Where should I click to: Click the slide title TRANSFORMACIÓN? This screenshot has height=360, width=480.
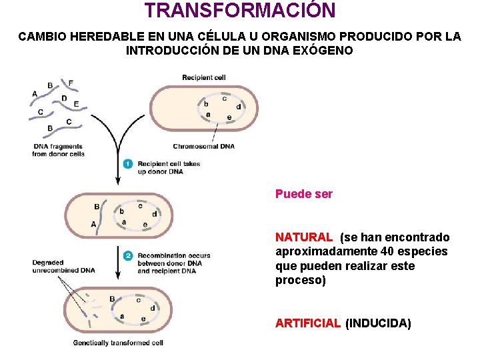(x=240, y=11)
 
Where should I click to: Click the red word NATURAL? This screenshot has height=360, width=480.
(x=304, y=237)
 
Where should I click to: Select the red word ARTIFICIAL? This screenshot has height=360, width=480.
(x=308, y=324)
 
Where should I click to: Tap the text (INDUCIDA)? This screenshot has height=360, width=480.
(x=378, y=324)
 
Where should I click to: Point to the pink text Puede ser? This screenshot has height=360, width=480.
(x=304, y=195)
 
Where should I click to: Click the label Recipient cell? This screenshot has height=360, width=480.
(x=203, y=78)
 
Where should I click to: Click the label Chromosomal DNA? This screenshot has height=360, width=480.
(x=204, y=147)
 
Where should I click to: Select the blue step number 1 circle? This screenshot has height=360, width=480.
(x=128, y=164)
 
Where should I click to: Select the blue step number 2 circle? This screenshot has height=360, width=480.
(x=128, y=255)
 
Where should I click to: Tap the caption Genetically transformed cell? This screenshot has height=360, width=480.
(x=119, y=343)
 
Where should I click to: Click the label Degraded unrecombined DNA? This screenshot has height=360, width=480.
(x=63, y=267)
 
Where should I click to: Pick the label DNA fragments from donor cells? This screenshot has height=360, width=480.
(x=58, y=150)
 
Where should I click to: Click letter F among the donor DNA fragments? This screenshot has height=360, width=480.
(x=71, y=83)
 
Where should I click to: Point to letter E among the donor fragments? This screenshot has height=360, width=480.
(x=76, y=104)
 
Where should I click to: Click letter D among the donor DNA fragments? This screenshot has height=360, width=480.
(x=64, y=99)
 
